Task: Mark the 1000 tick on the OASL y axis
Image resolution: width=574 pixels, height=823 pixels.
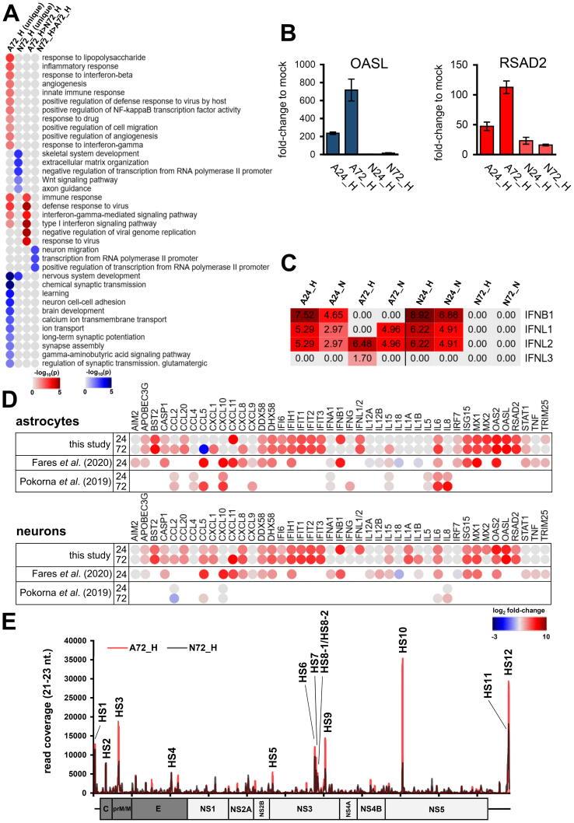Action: pyautogui.click(x=314, y=65)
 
